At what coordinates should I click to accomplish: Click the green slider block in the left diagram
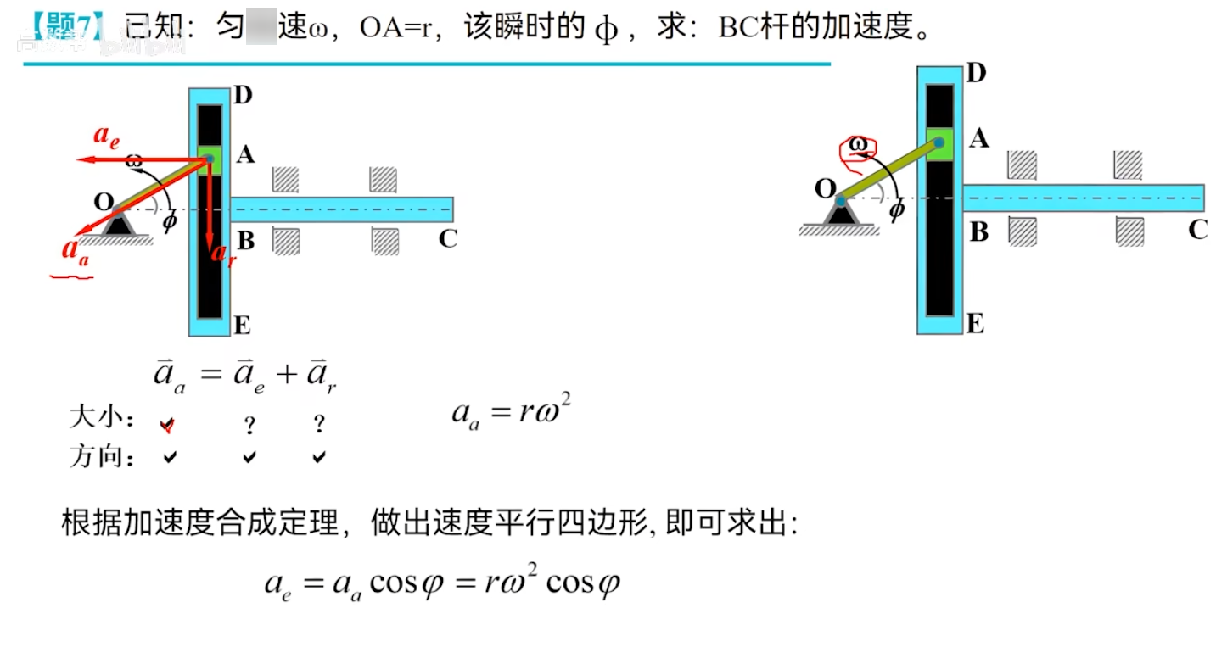[210, 159]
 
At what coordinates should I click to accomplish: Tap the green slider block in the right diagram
[939, 142]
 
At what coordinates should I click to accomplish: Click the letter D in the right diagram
[976, 74]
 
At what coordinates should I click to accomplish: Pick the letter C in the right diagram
[1197, 230]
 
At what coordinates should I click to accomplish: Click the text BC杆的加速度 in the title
[815, 28]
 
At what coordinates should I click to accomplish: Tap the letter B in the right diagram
[978, 231]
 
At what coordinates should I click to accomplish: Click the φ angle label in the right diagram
[896, 209]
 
